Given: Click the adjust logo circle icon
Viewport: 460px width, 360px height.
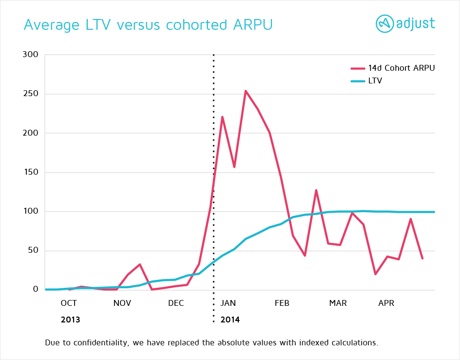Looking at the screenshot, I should pyautogui.click(x=384, y=23).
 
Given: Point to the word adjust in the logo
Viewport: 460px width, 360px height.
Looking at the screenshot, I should pyautogui.click(x=415, y=24).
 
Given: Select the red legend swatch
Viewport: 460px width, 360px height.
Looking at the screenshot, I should pyautogui.click(x=358, y=69).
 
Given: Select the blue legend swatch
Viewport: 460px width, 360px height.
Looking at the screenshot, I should pyautogui.click(x=358, y=81).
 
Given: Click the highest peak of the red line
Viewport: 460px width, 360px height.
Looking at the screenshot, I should pyautogui.click(x=246, y=91).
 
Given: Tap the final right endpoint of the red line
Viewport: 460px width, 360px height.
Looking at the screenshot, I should pyautogui.click(x=422, y=259).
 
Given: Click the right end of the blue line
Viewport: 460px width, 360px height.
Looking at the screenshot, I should pyautogui.click(x=434, y=212).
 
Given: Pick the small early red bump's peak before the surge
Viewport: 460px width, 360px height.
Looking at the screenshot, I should pyautogui.click(x=140, y=264).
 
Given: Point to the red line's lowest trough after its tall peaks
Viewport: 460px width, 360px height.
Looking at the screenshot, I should pyautogui.click(x=375, y=274).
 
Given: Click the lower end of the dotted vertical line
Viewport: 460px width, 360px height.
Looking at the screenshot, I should pyautogui.click(x=213, y=321).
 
